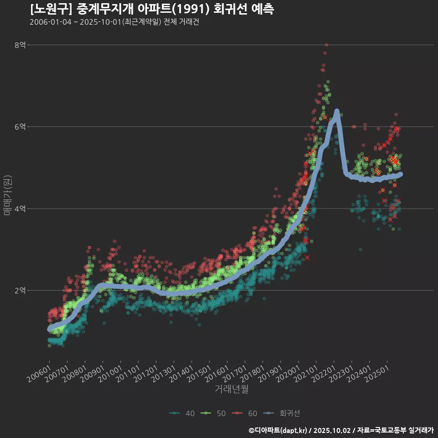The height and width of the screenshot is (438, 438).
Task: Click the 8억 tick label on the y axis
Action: (x=20, y=45)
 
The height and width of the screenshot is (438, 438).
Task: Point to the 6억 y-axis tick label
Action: (x=20, y=126)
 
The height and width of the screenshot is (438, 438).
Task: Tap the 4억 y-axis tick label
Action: (x=20, y=209)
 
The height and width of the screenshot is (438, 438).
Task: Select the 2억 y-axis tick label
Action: (x=20, y=291)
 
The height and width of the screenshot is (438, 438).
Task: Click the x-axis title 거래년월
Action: (x=231, y=389)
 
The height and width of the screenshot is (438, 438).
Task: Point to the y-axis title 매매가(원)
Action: (x=8, y=195)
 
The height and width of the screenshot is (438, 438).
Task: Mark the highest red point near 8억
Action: (x=326, y=45)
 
